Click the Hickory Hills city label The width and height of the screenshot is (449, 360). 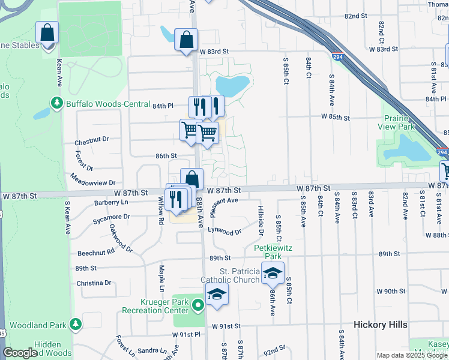[380, 325]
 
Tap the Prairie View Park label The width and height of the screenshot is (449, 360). [396, 122]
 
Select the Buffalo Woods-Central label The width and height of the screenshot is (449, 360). [107, 104]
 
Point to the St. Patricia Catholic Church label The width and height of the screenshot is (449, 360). [240, 275]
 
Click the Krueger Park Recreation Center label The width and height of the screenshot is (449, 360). [155, 306]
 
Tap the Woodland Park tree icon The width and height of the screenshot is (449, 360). [75, 325]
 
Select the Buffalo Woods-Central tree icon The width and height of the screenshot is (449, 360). [57, 103]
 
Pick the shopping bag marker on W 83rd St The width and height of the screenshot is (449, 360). [186, 40]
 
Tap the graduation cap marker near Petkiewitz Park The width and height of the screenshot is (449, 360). [273, 273]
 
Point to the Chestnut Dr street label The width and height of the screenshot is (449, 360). [91, 142]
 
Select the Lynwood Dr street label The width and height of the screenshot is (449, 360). [224, 230]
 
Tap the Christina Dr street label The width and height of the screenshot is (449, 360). [94, 283]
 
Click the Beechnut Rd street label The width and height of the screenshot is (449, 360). [95, 253]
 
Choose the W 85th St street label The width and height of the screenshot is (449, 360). [335, 117]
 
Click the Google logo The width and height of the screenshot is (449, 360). [20, 353]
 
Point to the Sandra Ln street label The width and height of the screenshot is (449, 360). [151, 350]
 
